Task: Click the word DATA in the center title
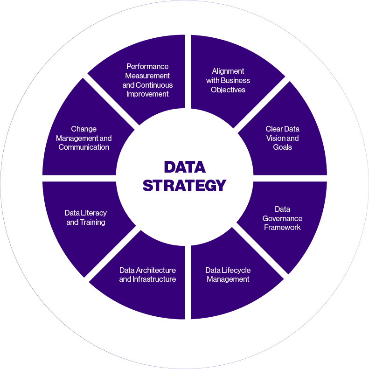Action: pos(184,167)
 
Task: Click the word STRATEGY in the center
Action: pos(184,185)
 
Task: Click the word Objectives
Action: pos(228,90)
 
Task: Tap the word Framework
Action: pos(283,228)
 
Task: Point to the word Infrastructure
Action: pos(154,279)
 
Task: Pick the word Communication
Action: pos(84,147)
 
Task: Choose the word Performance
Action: pos(147,66)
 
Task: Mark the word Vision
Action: pos(276,138)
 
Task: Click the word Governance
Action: pos(283,218)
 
